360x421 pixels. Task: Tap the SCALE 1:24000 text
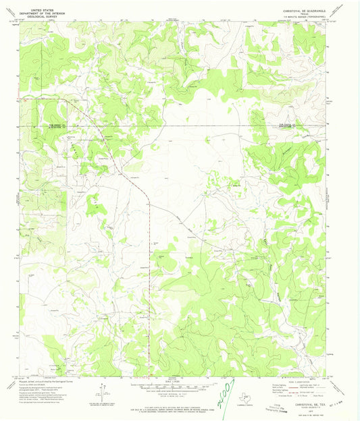tap(180, 380)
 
